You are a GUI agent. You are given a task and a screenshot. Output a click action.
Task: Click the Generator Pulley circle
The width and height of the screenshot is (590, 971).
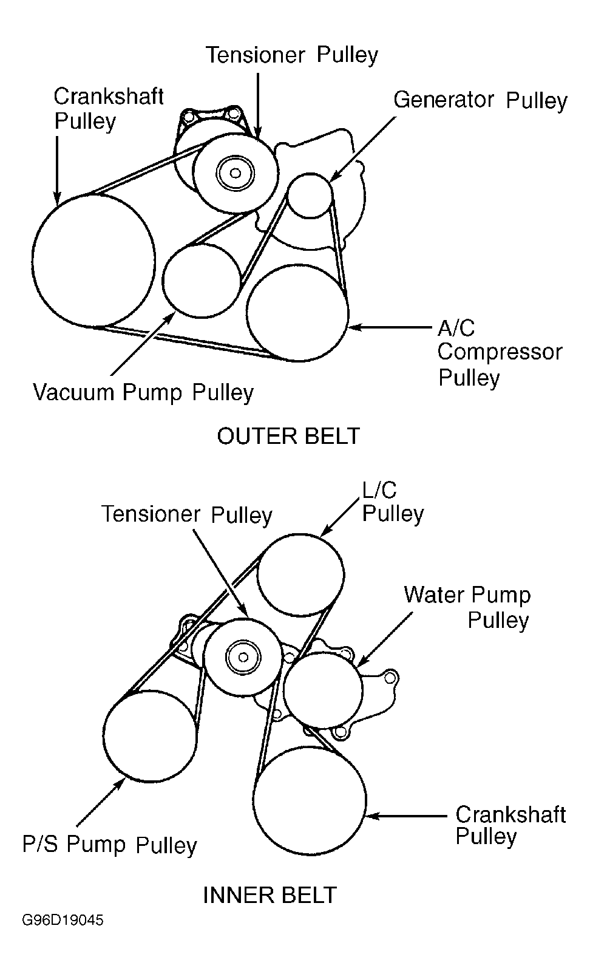[310, 195]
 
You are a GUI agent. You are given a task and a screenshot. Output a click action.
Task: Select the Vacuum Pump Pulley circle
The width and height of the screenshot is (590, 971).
[202, 280]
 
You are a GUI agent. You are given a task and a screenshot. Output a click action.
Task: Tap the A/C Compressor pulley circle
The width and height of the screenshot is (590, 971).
[297, 312]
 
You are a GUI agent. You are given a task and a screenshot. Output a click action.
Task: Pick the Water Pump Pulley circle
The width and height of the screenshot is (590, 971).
[323, 689]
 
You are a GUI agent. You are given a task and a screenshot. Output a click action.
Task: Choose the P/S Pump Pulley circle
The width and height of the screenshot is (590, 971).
[151, 734]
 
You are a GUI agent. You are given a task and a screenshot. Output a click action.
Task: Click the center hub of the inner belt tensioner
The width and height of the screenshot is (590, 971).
[242, 657]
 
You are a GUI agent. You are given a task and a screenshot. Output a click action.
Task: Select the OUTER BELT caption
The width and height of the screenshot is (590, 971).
[288, 436]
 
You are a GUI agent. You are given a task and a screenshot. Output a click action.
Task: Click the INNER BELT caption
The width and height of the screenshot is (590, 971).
[270, 894]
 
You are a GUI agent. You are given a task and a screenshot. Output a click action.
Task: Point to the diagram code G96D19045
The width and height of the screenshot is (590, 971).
[63, 921]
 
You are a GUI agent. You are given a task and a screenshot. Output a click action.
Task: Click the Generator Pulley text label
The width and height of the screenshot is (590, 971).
[480, 100]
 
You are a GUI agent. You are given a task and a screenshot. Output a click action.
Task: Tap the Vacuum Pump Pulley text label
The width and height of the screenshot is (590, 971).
[143, 392]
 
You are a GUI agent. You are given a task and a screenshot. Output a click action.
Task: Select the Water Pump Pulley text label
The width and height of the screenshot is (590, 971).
[467, 607]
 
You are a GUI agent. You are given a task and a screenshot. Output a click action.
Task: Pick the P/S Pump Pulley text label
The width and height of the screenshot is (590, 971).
[110, 845]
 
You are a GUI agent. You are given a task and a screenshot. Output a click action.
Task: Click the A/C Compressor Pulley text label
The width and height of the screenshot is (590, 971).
[499, 353]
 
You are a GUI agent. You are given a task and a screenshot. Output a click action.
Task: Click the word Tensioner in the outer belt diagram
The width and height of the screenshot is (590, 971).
[255, 55]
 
